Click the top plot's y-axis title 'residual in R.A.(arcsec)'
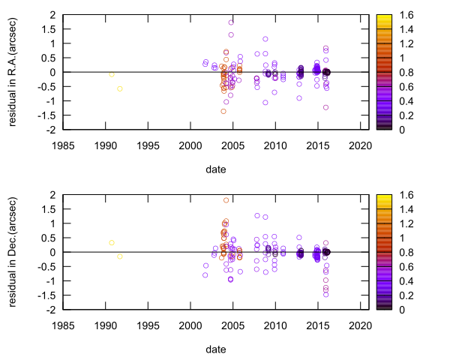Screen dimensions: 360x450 pos(13,72)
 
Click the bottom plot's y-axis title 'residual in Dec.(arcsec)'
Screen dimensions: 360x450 pos(13,252)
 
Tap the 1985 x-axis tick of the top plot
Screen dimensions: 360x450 pos(62,145)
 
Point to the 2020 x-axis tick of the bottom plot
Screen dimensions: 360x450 pos(361,325)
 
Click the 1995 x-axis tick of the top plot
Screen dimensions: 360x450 pos(148,145)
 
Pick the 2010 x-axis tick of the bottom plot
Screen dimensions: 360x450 pos(275,325)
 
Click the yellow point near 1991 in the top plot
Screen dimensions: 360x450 pos(112,74)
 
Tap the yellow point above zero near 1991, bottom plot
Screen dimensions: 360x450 pos(112,242)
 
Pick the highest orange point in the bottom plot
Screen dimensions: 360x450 pos(226,200)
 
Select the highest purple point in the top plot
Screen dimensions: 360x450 pos(231,22)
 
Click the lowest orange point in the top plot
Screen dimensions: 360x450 pos(223,111)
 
